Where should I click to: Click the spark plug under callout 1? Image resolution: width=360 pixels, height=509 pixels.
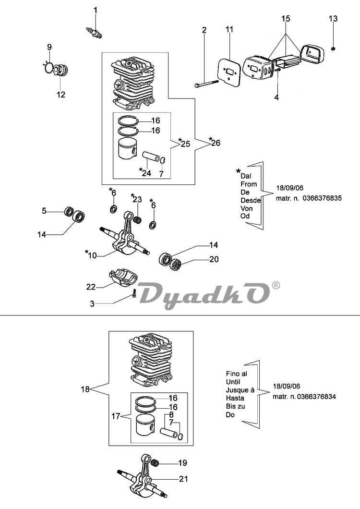(94, 32)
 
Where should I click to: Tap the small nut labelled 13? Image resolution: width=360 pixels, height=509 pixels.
(333, 48)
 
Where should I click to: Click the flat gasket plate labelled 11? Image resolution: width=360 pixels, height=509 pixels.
(230, 72)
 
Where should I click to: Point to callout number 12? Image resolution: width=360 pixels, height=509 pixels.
(61, 95)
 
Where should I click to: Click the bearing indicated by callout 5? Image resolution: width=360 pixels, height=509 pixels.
(69, 212)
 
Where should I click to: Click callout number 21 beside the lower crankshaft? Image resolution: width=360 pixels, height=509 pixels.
(183, 479)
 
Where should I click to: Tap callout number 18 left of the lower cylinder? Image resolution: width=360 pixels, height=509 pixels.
(85, 389)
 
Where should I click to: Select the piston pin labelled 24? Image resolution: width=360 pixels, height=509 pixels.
(153, 157)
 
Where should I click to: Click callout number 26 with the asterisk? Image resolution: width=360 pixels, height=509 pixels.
(215, 142)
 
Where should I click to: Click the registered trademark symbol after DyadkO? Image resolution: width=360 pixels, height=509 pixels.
(276, 285)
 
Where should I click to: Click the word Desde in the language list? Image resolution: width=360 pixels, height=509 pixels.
(251, 200)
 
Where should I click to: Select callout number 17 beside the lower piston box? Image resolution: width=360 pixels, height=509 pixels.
(116, 416)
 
